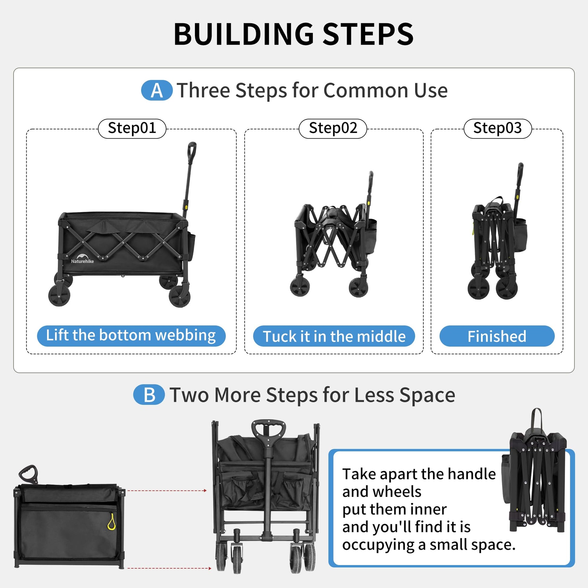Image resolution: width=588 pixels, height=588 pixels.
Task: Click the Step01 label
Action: tap(132, 128)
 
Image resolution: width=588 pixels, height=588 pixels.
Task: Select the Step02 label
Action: tap(333, 128)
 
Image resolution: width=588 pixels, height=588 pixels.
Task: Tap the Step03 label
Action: tap(498, 128)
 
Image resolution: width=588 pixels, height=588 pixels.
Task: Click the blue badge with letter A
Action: tap(157, 90)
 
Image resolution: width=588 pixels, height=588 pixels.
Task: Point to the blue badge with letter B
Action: tap(149, 395)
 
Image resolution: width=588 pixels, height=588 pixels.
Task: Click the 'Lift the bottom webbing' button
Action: tap(131, 336)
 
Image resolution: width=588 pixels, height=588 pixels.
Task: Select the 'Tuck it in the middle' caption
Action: tap(334, 336)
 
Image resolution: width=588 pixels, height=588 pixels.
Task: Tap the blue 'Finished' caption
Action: tap(497, 336)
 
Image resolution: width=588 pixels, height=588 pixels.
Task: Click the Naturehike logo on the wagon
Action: tap(82, 259)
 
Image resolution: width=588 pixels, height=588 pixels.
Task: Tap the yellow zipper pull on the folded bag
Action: tap(111, 522)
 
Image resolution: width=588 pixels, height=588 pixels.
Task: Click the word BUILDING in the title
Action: tap(244, 34)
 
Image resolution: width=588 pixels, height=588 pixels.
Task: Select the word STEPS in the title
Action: tap(368, 34)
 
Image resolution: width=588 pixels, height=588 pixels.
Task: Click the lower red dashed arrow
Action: tap(170, 568)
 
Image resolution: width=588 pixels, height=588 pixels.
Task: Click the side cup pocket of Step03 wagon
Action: tap(520, 235)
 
